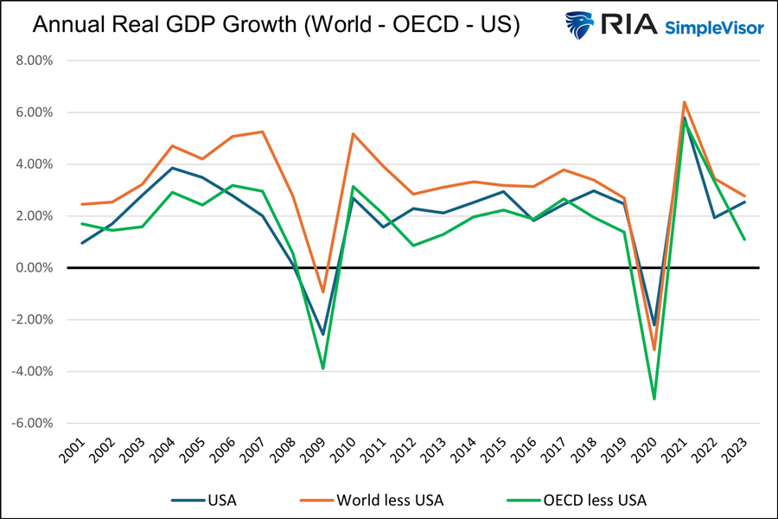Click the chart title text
tap(275, 26)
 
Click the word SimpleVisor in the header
tap(714, 28)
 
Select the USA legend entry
tap(207, 499)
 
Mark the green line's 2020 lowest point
tap(654, 399)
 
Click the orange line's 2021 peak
tap(685, 102)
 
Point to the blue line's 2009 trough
tap(323, 335)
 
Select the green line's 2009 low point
tap(323, 368)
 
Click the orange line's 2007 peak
tap(263, 131)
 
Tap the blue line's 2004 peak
tap(173, 168)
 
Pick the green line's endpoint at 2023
tap(745, 240)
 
